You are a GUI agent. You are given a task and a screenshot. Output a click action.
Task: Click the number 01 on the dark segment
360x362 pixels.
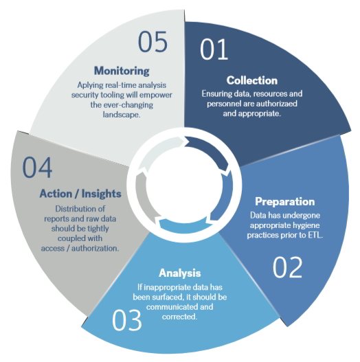pos(214,49)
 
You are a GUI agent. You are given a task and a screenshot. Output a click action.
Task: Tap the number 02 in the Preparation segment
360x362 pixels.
pos(287,267)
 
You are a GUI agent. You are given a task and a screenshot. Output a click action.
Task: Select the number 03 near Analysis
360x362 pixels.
pos(127,320)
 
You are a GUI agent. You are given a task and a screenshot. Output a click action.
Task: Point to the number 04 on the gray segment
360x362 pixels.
pos(37,168)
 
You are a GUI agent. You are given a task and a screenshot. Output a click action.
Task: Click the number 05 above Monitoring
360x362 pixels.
pos(153,42)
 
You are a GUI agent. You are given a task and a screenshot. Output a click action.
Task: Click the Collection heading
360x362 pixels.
pos(252,80)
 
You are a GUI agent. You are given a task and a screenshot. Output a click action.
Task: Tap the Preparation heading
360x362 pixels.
pos(285,202)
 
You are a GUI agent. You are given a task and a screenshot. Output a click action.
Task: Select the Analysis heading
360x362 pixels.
pos(179,273)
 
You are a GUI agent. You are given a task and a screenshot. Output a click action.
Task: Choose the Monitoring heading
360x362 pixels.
pos(122,71)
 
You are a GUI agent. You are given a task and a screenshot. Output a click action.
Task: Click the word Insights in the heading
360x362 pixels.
pos(102,194)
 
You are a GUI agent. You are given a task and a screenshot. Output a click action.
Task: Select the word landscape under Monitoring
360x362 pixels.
pos(122,115)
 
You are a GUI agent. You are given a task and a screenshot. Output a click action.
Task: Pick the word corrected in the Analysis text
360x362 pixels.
pos(179,317)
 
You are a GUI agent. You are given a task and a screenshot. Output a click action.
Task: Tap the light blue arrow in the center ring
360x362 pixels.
pos(184,225)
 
